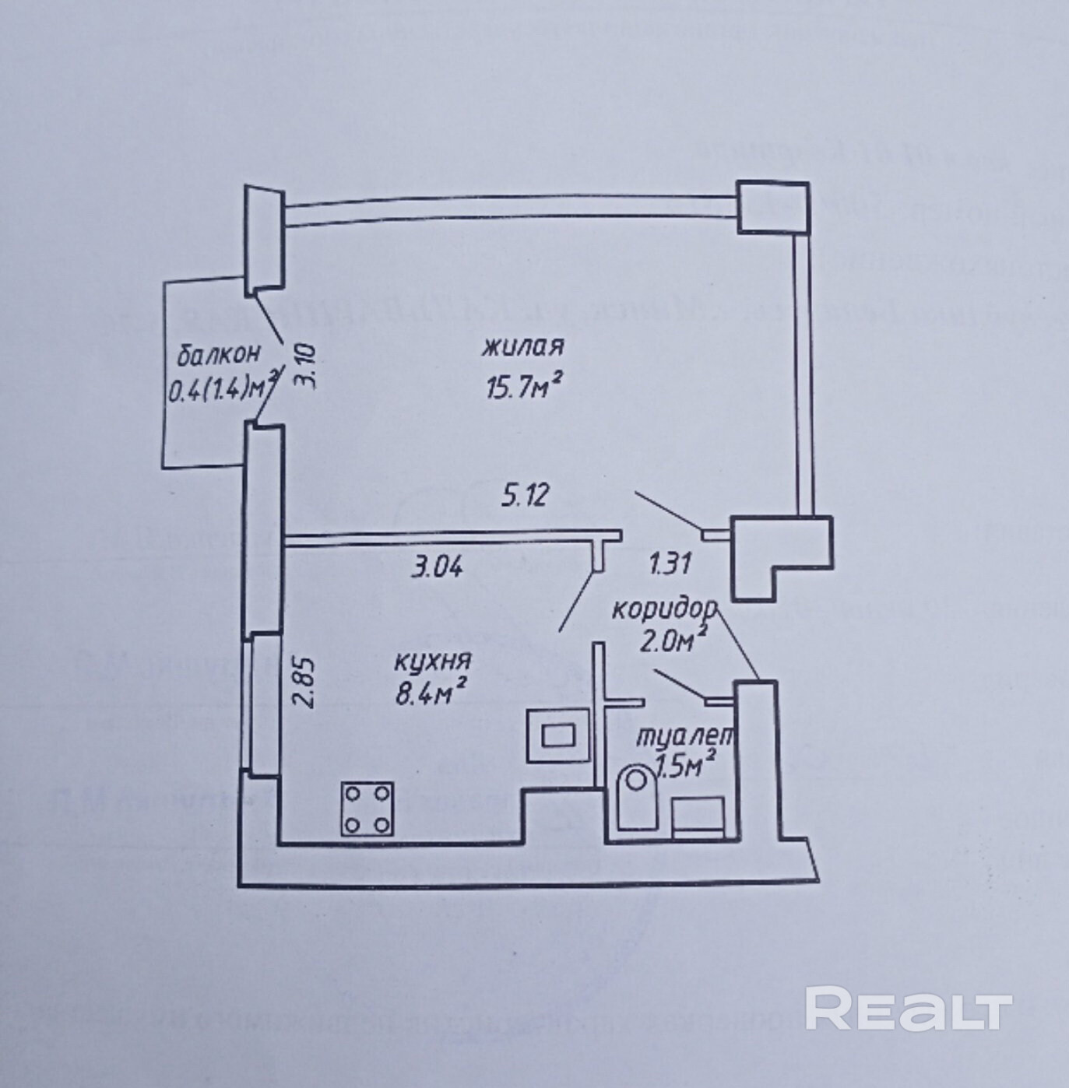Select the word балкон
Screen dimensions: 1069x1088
[218, 355]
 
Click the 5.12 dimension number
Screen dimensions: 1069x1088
[526, 495]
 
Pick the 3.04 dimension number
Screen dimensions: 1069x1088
[438, 567]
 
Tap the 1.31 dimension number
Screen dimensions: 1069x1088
[670, 563]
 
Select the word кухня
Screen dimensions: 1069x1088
[432, 662]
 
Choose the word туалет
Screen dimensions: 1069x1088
[684, 736]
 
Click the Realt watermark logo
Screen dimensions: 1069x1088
[908, 1009]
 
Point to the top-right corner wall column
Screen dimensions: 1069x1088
[772, 207]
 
